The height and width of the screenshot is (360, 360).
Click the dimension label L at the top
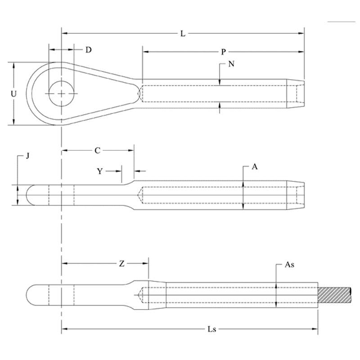[x=183, y=34]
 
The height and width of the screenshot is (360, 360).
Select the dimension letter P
[x=223, y=52]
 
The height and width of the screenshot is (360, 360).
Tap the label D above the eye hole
[x=88, y=50]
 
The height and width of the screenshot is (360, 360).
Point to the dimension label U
[x=14, y=94]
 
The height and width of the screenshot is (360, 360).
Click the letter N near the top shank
[x=231, y=64]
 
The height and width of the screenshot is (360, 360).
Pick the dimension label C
[x=97, y=151]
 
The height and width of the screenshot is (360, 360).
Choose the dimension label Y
[x=99, y=171]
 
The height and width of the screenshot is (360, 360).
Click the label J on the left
[x=27, y=156]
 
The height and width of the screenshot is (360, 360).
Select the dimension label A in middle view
[x=255, y=167]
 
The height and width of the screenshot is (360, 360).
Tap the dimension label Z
[x=121, y=264]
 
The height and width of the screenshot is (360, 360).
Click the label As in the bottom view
[x=290, y=265]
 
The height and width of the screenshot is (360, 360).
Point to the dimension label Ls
[x=213, y=329]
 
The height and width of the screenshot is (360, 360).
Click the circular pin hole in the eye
[x=61, y=93]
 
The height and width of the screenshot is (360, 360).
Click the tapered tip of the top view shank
[x=296, y=94]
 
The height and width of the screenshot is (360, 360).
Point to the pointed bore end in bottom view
[x=139, y=296]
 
